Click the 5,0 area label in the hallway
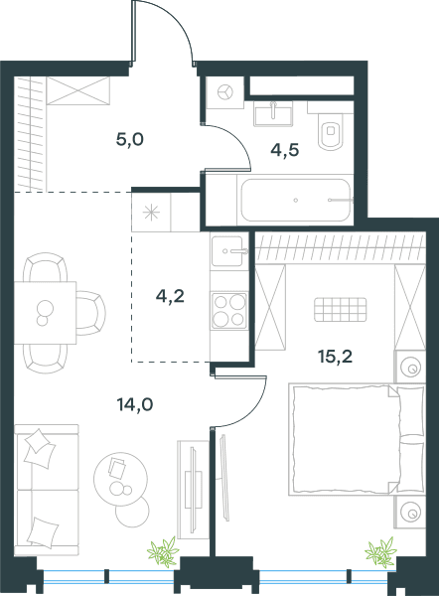pyautogui.click(x=129, y=140)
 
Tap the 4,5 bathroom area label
pyautogui.click(x=285, y=150)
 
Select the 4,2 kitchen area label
pyautogui.click(x=170, y=296)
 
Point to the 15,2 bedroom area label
pyautogui.click(x=335, y=357)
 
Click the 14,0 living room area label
pyautogui.click(x=135, y=405)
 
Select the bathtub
pyautogui.click(x=295, y=200)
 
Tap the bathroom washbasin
pyautogui.click(x=273, y=113)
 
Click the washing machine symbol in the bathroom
pyautogui.click(x=225, y=92)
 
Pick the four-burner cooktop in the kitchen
pyautogui.click(x=229, y=311)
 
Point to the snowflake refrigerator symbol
pyautogui.click(x=151, y=213)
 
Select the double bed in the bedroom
pyautogui.click(x=357, y=439)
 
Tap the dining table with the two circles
pyautogui.click(x=45, y=313)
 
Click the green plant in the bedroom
pyautogui.click(x=380, y=552)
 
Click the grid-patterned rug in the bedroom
pyautogui.click(x=341, y=309)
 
